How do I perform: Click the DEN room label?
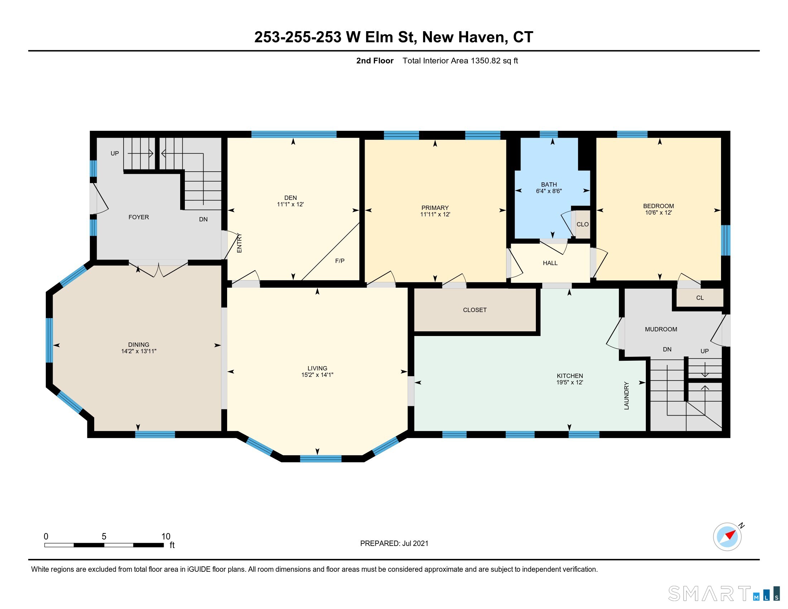(290, 198)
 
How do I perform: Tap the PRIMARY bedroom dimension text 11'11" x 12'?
(435, 214)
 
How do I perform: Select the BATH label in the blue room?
(548, 184)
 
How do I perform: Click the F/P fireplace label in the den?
(340, 261)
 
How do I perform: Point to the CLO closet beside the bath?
(582, 224)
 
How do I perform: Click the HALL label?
(550, 263)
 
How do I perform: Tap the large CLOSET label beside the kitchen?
(475, 310)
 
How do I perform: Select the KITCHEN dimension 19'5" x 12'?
(570, 383)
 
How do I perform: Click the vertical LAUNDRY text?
(626, 396)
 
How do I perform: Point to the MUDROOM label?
(660, 329)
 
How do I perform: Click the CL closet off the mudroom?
(700, 298)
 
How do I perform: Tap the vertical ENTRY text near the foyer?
(239, 243)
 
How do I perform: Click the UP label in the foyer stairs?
(115, 153)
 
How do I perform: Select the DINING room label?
(139, 345)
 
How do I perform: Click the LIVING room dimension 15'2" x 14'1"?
(317, 375)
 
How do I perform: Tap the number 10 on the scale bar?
(165, 537)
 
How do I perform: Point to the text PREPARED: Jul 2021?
(394, 543)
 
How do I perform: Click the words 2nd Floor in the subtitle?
(375, 61)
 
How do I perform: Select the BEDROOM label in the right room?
(658, 206)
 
